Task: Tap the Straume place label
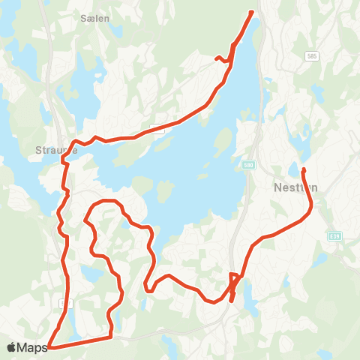(x=52, y=149)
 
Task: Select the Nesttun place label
(x=292, y=188)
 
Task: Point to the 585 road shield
(x=311, y=56)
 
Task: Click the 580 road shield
(x=247, y=163)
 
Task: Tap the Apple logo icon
(x=11, y=347)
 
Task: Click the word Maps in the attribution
(x=32, y=347)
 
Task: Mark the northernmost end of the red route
(x=250, y=12)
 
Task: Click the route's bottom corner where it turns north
(x=112, y=337)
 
